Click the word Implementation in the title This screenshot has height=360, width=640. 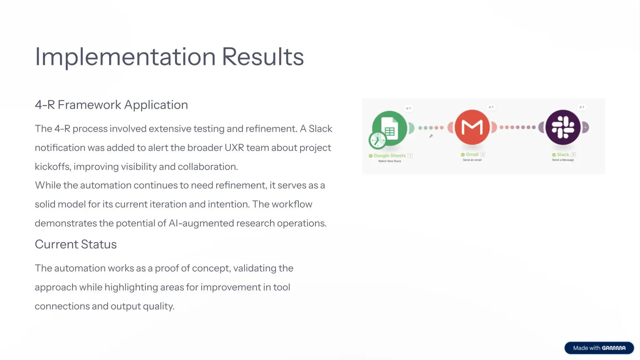tap(125, 57)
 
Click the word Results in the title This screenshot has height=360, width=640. tap(262, 57)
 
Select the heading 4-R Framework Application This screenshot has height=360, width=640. tap(111, 105)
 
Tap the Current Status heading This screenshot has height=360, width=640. tap(75, 244)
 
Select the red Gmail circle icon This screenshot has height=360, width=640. tap(472, 127)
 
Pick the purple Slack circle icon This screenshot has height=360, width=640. tap(563, 127)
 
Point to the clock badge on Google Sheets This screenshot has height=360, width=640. tap(377, 140)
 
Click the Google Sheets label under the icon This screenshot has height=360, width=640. tap(389, 155)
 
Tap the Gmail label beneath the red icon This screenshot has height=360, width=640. tap(472, 155)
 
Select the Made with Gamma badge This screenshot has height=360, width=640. tap(599, 348)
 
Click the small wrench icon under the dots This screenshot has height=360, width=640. tap(431, 136)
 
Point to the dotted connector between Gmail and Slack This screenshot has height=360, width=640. tap(517, 127)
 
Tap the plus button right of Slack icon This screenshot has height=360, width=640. tap(585, 127)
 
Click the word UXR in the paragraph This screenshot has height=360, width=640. tap(234, 148)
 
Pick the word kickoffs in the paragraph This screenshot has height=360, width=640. tap(52, 167)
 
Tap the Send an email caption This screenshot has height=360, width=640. tap(472, 160)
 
